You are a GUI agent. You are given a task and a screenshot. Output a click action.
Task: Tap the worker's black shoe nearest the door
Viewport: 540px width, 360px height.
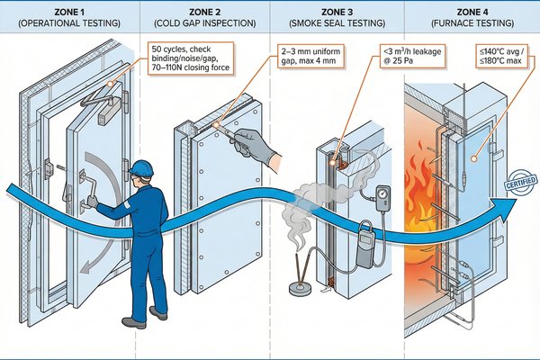click(x=132, y=322)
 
